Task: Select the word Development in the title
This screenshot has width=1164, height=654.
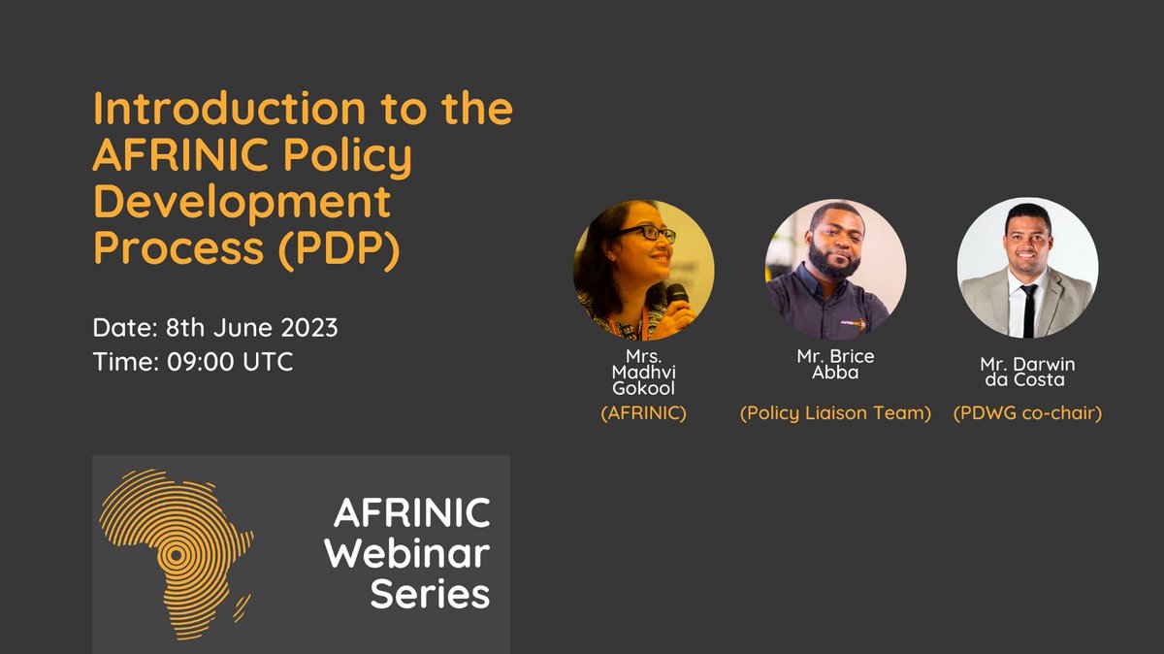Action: click(242, 203)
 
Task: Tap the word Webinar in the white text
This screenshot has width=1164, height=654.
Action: click(406, 552)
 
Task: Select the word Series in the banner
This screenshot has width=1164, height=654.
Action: click(430, 593)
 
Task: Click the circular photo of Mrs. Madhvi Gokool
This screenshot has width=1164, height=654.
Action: click(643, 269)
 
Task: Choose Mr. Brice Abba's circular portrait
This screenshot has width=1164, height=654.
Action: click(835, 269)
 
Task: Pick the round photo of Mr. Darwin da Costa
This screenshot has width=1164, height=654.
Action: click(1027, 269)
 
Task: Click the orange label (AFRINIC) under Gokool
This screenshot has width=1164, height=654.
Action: click(643, 413)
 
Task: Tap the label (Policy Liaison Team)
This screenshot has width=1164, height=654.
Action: click(835, 413)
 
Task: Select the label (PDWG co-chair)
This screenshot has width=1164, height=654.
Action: click(1027, 413)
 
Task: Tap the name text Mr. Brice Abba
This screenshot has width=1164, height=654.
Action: click(835, 365)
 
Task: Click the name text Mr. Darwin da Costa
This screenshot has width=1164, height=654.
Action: click(1027, 372)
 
